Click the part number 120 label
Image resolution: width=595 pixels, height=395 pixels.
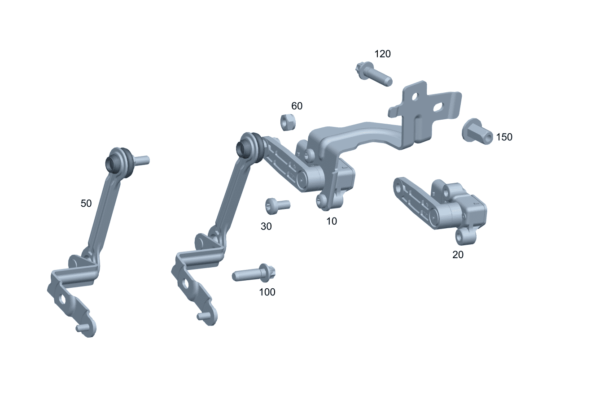tap(382, 54)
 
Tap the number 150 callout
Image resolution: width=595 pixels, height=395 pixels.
tap(504, 137)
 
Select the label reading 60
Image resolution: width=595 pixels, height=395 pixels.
tap(297, 106)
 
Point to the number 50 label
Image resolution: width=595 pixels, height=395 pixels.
tap(86, 204)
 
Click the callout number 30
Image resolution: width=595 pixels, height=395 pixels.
tap(266, 226)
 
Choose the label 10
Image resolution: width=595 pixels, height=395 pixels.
tap(332, 221)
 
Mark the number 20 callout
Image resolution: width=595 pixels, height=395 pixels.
tap(458, 255)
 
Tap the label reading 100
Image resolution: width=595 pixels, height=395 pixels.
tap(267, 292)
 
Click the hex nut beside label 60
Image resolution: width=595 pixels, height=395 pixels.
tap(288, 122)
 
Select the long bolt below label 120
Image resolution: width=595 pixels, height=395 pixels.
tap(374, 74)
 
